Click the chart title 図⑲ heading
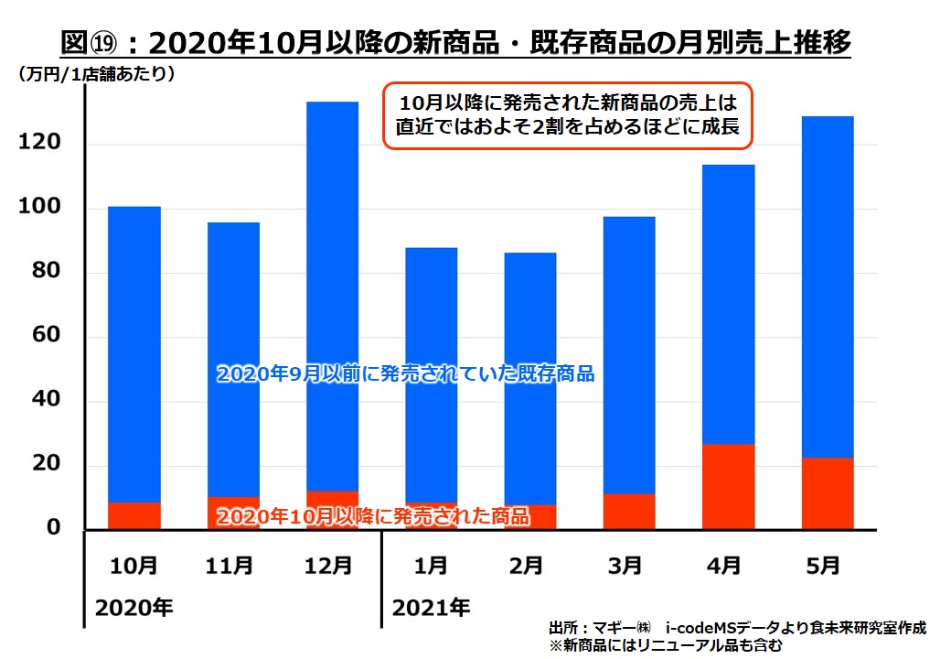point(454,43)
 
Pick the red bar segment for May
point(827,493)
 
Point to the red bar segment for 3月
point(629,512)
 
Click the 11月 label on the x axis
point(232,567)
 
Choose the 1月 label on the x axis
point(431,567)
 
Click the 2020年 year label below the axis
point(134,606)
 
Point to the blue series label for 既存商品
point(405,373)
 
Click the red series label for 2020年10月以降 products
point(372,516)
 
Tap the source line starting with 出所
point(737,628)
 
